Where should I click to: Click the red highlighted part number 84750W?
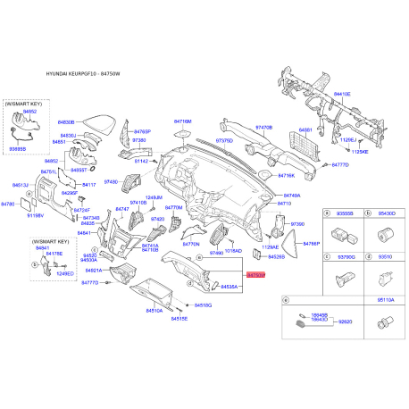(x=256, y=276)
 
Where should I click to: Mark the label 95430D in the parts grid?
(x=386, y=214)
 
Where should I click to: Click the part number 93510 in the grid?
(x=386, y=257)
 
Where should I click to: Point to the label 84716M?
(x=183, y=121)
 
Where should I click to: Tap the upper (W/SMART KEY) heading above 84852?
(x=24, y=104)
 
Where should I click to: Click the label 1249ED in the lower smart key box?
(x=64, y=273)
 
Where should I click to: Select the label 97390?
(x=298, y=223)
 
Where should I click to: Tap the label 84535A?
(x=229, y=287)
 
